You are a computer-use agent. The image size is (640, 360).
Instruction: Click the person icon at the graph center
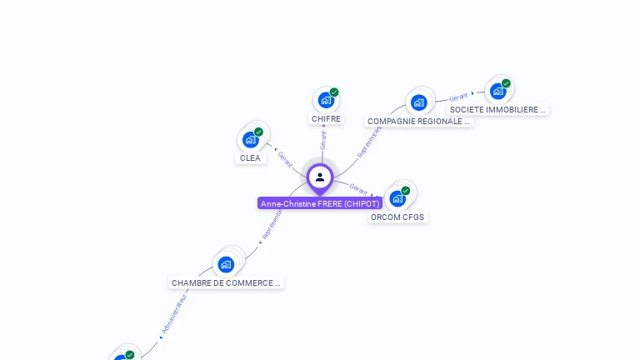click(x=320, y=177)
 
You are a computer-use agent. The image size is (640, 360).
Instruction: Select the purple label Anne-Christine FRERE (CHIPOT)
click(x=320, y=203)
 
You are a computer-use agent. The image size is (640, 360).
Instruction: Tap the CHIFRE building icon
click(x=326, y=100)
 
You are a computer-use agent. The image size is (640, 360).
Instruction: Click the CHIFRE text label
click(x=326, y=119)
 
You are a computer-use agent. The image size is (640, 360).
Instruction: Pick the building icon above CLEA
click(x=250, y=139)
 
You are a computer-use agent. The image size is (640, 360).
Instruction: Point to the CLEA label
click(x=250, y=157)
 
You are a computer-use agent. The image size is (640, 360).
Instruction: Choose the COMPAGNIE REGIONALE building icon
click(x=418, y=102)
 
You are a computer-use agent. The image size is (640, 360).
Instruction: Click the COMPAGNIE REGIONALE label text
click(x=418, y=121)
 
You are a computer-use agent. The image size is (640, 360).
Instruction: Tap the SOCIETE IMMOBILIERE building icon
click(x=497, y=91)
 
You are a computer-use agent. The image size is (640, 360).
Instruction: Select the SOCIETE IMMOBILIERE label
click(x=497, y=109)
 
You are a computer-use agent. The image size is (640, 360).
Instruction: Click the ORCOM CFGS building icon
click(x=397, y=198)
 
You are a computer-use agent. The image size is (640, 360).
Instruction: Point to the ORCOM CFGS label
click(x=397, y=217)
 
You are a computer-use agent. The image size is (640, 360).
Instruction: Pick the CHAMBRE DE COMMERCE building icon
click(x=226, y=264)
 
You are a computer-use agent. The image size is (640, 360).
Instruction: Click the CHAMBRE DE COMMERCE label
click(x=226, y=282)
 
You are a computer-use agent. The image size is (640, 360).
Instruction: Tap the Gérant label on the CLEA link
click(x=285, y=158)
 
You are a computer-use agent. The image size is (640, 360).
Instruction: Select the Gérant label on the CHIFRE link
click(x=323, y=140)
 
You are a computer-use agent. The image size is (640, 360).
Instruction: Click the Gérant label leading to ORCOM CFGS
click(x=358, y=188)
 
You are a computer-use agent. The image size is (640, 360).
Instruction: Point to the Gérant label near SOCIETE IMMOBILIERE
click(x=458, y=97)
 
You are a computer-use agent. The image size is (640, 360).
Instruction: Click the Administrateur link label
click(x=173, y=314)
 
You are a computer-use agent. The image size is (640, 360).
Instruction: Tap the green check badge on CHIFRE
click(x=334, y=92)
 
